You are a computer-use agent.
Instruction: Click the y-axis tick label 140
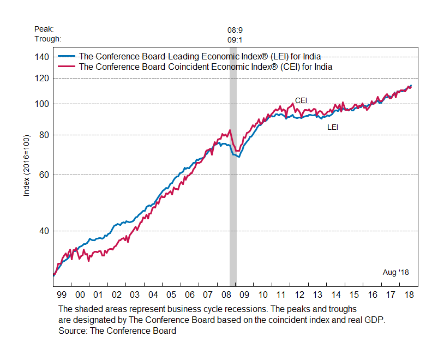(x=43, y=57)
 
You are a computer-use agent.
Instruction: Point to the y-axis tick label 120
(x=43, y=78)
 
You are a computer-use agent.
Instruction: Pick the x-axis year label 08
(x=226, y=295)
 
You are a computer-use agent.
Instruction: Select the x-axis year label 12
(x=299, y=295)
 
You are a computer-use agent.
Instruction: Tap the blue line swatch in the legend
(x=67, y=56)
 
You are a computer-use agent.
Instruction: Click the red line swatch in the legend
(x=67, y=67)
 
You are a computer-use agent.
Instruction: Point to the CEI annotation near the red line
(x=301, y=100)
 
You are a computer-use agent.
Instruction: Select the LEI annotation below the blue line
(x=333, y=127)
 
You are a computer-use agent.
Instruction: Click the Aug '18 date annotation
(x=395, y=272)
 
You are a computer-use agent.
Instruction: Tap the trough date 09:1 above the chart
(x=235, y=39)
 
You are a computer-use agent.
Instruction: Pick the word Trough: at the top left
(x=47, y=39)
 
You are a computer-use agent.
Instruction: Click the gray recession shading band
(x=233, y=218)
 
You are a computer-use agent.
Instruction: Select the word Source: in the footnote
(x=74, y=331)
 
